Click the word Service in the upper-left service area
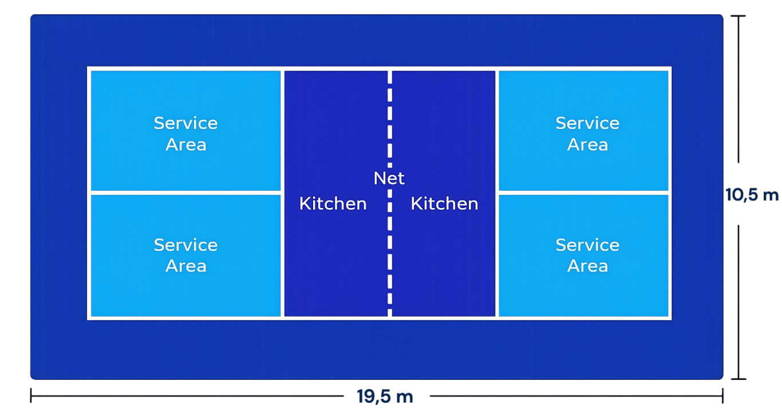[185, 123]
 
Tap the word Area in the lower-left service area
[186, 266]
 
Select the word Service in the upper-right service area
[587, 123]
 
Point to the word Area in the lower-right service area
[587, 266]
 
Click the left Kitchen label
[333, 203]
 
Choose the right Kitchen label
[444, 203]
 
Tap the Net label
[389, 178]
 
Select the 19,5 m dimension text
[385, 397]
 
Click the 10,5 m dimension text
[752, 195]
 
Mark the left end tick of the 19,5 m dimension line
[31, 395]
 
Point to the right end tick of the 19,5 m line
[722, 395]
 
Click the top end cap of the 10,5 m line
[738, 16]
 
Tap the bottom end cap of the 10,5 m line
[738, 379]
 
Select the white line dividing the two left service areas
[185, 193]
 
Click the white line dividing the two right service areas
[584, 193]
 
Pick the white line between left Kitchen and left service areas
[283, 193]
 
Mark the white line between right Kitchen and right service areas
[497, 193]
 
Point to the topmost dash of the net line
[390, 77]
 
